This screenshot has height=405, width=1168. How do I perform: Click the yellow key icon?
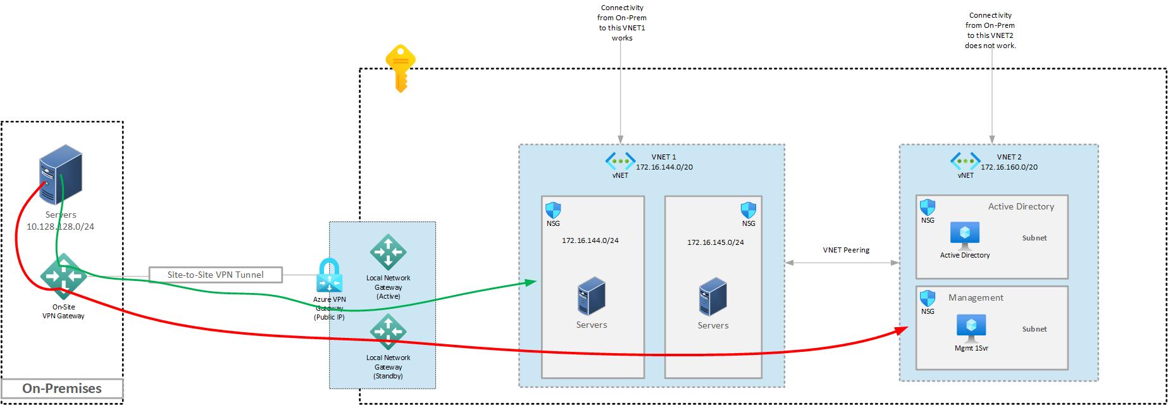coord(400,68)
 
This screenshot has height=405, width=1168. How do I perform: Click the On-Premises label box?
coord(62,389)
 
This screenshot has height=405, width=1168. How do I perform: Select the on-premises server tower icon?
coord(61,171)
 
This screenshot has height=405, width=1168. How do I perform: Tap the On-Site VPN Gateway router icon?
coord(63,277)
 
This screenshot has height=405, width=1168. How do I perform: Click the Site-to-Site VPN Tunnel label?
coord(216,275)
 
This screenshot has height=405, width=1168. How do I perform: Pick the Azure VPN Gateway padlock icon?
coord(329,275)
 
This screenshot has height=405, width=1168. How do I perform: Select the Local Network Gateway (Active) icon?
coord(388,252)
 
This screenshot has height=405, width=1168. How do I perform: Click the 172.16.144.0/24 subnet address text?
coord(590,240)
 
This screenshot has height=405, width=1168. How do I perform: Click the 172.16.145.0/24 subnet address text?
coord(716,242)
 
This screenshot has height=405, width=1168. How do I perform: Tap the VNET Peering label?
coord(846,250)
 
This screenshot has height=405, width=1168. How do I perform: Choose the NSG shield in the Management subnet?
coord(928,298)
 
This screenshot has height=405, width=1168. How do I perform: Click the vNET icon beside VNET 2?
coord(966,161)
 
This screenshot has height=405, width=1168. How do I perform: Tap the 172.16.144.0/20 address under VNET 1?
coord(664,167)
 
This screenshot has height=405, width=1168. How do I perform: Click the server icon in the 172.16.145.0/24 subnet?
coord(713,296)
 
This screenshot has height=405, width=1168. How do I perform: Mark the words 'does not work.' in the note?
coord(990,46)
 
